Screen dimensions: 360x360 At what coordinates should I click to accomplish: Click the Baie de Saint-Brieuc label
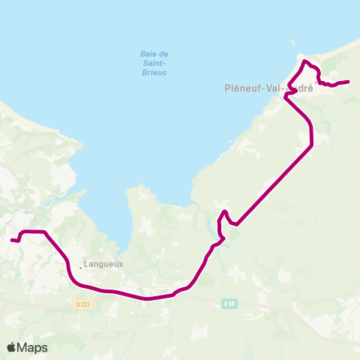(153, 63)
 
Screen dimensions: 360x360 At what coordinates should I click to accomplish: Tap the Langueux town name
(103, 264)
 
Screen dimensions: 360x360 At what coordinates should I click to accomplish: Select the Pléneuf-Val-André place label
(268, 87)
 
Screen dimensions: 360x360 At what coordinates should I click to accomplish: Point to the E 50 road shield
(229, 302)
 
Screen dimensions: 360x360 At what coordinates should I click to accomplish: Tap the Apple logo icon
(11, 347)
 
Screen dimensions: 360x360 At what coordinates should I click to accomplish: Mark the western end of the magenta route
(11, 240)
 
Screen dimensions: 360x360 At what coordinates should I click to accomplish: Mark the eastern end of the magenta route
(349, 81)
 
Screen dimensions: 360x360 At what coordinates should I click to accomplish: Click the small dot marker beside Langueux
(82, 265)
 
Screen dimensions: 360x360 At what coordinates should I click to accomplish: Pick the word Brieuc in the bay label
(153, 73)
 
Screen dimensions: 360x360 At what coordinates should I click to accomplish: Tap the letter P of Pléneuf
(228, 87)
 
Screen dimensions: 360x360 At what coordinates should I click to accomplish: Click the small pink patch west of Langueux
(29, 271)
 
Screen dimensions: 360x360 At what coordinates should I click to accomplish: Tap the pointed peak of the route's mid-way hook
(225, 211)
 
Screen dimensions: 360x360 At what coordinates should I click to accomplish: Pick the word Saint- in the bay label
(153, 63)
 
